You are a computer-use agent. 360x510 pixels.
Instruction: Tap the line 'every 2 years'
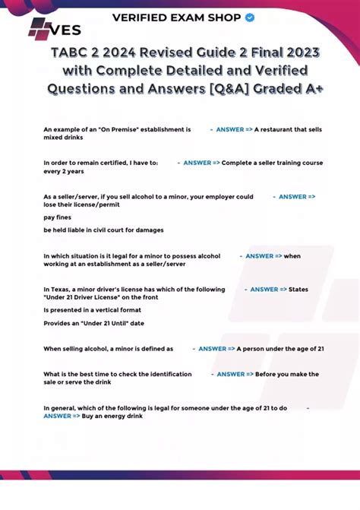pyautogui.click(x=64, y=172)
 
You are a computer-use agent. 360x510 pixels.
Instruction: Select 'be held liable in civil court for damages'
pyautogui.click(x=103, y=230)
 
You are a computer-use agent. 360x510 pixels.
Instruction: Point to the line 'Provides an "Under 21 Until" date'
pyautogui.click(x=94, y=323)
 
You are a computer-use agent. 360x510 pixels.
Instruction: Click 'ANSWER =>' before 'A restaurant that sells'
pyautogui.click(x=234, y=130)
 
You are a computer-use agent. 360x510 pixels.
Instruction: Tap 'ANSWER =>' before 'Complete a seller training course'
pyautogui.click(x=201, y=163)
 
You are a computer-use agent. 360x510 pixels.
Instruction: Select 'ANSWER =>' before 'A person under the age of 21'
pyautogui.click(x=216, y=348)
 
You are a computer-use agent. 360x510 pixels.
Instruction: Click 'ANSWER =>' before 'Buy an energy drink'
pyautogui.click(x=62, y=417)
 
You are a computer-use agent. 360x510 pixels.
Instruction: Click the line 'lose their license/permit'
pyautogui.click(x=82, y=205)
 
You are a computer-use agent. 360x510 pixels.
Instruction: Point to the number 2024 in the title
pyautogui.click(x=126, y=52)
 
